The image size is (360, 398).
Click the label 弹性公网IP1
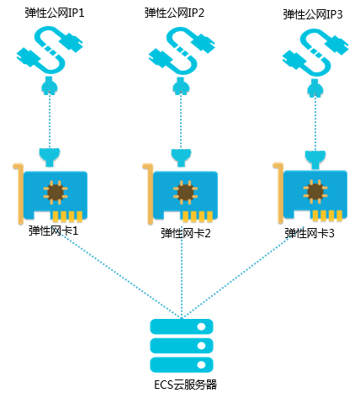pos(55,13)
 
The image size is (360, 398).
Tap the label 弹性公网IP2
pos(174,13)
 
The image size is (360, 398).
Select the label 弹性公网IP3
pos(313,14)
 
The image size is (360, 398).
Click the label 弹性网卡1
pos(53,231)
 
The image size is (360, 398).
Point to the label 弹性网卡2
pos(186,233)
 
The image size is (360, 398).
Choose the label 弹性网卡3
pos(310,233)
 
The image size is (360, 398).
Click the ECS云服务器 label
pos(185,385)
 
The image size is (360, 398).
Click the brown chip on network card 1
pos(56,192)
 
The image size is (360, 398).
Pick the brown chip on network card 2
pos(185,193)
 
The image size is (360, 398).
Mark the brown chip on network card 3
pos(315,191)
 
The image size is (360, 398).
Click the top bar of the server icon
pos(182,326)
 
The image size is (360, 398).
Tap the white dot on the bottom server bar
pos(201,364)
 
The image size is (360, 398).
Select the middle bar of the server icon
pos(182,346)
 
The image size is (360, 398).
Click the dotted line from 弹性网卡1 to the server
pos(121,277)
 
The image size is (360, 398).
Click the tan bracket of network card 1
pos(20,194)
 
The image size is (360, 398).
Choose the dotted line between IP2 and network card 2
pos(181,120)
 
